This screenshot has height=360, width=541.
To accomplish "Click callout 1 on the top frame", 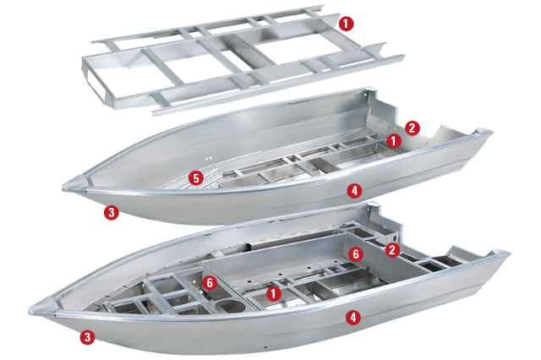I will point(347,23).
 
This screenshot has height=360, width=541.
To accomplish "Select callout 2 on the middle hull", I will point(412,128).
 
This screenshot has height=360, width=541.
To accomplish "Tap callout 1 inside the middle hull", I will point(393,139).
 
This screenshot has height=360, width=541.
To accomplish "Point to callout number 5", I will point(195,178).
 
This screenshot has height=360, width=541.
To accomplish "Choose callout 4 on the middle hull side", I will point(354,191).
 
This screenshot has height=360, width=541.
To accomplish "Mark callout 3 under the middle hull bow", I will point(110,212).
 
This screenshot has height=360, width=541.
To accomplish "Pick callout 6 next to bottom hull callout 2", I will point(356,253).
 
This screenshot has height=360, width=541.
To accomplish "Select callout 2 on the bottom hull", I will point(391,250).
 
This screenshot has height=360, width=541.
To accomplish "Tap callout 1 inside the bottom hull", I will point(273,292).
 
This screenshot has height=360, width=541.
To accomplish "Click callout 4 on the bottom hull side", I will point(352,317).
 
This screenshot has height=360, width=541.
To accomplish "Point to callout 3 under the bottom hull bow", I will point(86,337).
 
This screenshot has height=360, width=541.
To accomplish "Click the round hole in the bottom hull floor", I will point(226,303).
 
